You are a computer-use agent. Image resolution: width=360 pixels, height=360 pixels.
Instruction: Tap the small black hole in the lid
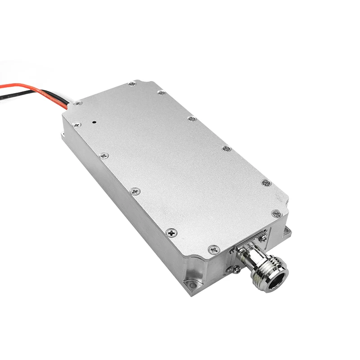94,121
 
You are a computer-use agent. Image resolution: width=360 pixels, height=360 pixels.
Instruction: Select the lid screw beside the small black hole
77,124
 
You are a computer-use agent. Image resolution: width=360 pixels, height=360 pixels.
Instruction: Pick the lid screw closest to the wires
78,103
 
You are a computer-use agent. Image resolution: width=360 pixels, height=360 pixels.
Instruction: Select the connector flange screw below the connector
236,270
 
